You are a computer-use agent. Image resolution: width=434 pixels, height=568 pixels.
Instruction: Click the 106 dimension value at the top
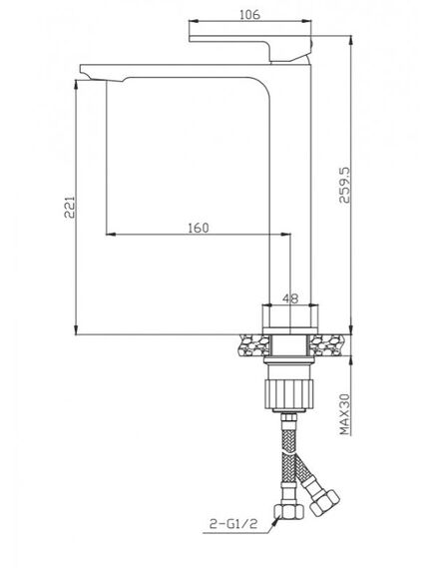click(249, 15)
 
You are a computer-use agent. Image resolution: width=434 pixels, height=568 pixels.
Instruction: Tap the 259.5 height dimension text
click(345, 185)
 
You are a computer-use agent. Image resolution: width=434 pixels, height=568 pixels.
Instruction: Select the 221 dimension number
click(69, 207)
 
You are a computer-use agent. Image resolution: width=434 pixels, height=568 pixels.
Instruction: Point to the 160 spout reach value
click(199, 228)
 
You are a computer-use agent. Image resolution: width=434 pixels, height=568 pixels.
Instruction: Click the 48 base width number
click(290, 298)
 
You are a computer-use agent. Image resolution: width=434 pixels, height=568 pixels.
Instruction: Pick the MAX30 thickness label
click(345, 414)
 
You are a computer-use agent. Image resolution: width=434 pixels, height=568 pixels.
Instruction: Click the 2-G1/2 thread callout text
click(233, 523)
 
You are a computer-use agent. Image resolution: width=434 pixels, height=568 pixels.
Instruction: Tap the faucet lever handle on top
click(249, 48)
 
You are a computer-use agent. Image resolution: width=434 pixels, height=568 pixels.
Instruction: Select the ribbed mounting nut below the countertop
click(288, 394)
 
